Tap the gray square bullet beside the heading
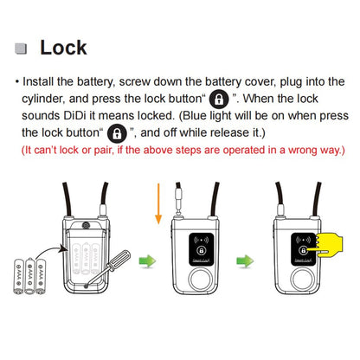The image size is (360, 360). [x=22, y=48]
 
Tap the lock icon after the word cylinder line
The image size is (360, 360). [x=219, y=98]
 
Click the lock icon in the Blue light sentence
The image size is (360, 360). [x=115, y=133]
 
